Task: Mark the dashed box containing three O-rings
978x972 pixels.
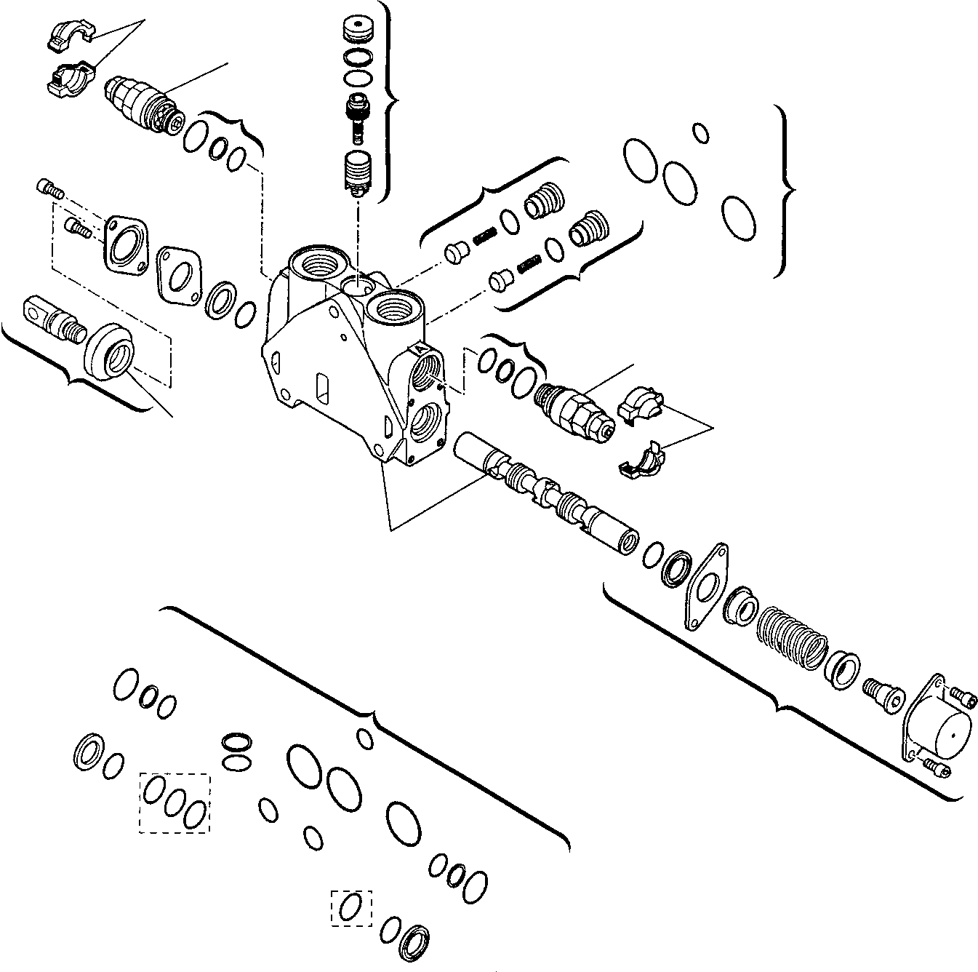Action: tap(175, 802)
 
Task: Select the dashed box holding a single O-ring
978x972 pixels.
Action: tap(351, 908)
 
